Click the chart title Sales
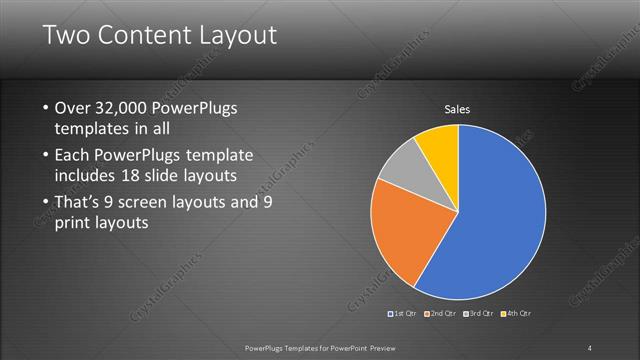pyautogui.click(x=457, y=109)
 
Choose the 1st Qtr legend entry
pyautogui.click(x=403, y=313)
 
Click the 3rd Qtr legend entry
pyautogui.click(x=479, y=313)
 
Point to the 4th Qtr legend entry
pyautogui.click(x=517, y=313)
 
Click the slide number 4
pyautogui.click(x=590, y=347)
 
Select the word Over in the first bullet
pyautogui.click(x=73, y=108)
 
